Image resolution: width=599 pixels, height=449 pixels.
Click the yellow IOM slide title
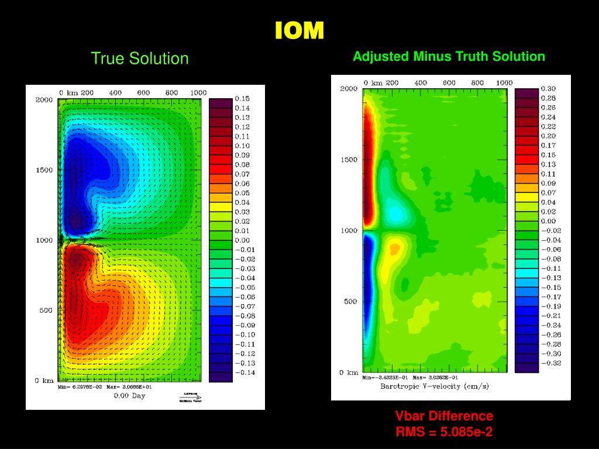point(299,30)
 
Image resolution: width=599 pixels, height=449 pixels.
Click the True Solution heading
point(140,58)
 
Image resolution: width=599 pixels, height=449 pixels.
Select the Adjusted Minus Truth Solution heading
point(449,57)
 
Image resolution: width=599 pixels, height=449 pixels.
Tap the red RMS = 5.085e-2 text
point(444,433)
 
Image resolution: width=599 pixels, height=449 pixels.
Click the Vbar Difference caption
point(444,416)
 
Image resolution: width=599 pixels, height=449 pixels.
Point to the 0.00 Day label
point(129,396)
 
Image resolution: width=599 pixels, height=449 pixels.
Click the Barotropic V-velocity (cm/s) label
point(434,386)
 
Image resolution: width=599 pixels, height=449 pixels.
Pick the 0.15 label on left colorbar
point(242,99)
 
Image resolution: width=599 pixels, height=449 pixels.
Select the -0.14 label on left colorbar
point(245,372)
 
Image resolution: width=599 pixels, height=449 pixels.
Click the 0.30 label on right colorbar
point(548,89)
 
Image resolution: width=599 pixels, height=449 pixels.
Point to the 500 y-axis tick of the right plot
point(350,302)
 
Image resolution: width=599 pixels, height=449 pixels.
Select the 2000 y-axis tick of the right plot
point(349,89)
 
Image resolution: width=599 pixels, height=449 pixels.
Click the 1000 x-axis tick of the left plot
point(198,92)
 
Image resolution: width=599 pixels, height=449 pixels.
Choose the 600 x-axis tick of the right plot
point(449,83)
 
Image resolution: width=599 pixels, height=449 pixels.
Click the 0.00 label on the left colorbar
point(242,240)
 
